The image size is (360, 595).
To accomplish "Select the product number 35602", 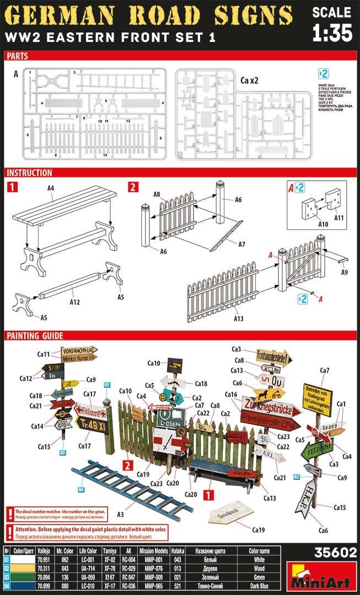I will (x=335, y=554).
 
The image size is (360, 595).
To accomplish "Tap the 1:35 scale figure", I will (x=332, y=33).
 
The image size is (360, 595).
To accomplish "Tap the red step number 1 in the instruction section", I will (x=13, y=187).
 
